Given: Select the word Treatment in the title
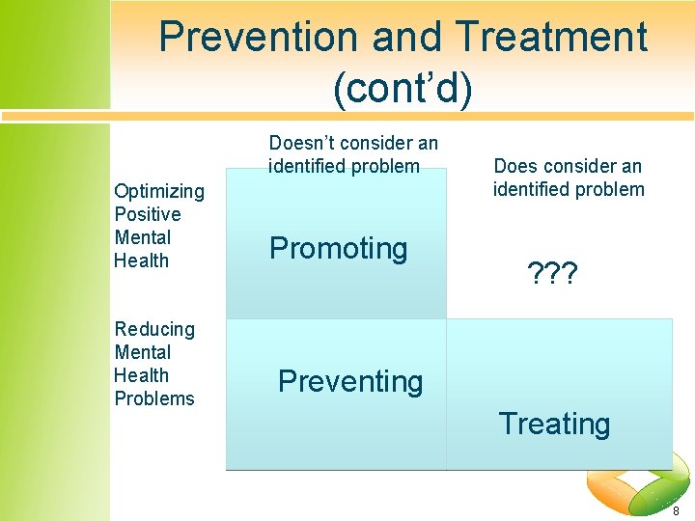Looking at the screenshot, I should [x=552, y=38].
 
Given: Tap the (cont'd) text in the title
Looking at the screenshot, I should [x=403, y=89].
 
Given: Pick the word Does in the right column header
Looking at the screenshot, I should [x=514, y=166].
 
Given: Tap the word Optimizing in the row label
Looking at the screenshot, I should [x=159, y=191].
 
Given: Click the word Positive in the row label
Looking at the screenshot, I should [x=148, y=214].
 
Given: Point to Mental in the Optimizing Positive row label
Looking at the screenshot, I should [x=142, y=237].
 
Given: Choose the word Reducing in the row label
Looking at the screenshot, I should [x=154, y=329].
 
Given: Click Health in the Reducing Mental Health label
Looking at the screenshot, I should [x=141, y=375].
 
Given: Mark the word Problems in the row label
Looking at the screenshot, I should [x=154, y=398].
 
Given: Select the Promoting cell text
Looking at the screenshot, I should [x=339, y=249].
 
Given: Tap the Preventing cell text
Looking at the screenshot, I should [x=350, y=382].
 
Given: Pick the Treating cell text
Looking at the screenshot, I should [x=554, y=424].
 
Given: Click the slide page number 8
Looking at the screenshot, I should [x=676, y=510].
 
